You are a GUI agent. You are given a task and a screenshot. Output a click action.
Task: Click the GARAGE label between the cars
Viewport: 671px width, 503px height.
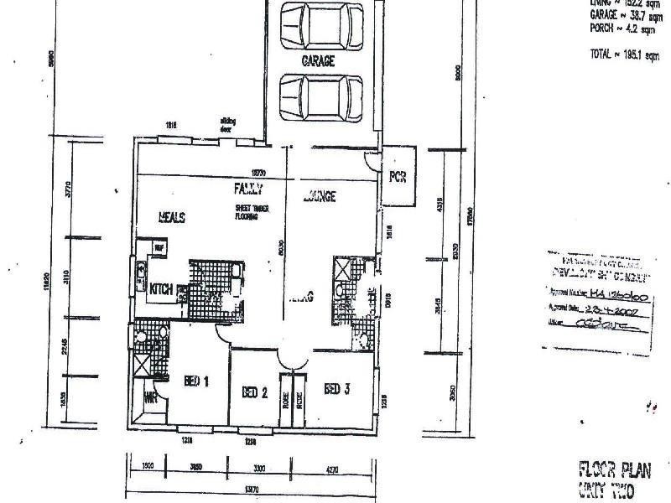coord(318,61)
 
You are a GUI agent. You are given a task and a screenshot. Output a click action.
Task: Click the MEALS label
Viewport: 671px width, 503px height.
coord(171,217)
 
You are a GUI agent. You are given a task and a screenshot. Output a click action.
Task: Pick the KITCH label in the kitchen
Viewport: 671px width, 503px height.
coord(161,290)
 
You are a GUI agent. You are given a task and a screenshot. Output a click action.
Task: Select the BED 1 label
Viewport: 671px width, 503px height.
coord(195,381)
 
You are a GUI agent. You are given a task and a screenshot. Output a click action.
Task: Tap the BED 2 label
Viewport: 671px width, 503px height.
coord(254,392)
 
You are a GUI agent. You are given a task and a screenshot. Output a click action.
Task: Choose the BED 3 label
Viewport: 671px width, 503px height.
coord(336,388)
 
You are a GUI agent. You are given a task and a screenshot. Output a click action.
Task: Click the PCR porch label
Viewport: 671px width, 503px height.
coord(397,178)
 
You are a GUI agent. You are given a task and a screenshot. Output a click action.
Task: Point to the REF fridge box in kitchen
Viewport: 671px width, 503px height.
coord(157,247)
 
